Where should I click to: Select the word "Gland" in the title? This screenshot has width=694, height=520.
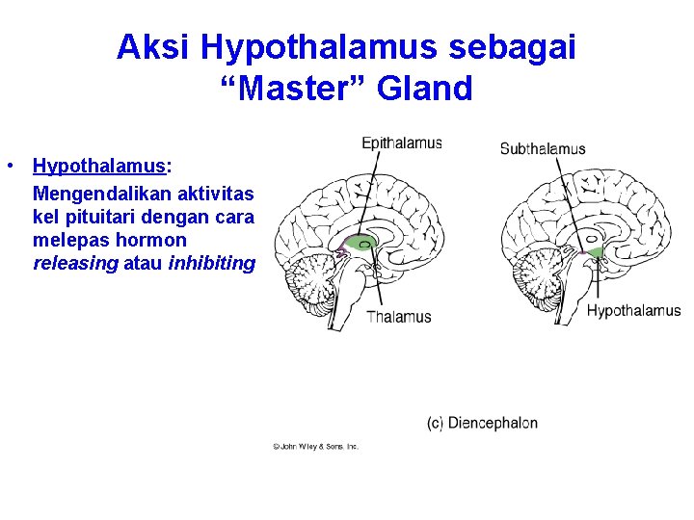(426, 89)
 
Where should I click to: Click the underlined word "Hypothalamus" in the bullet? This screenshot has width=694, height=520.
(99, 167)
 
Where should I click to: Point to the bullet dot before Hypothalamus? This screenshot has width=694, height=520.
(8, 166)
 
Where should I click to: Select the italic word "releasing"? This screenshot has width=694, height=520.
(76, 263)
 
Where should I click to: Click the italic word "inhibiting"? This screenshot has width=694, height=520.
(211, 263)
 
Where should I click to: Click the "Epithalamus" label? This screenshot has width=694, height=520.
(401, 143)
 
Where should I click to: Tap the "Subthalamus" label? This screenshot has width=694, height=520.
(542, 148)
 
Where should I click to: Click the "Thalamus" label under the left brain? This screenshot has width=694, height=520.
(398, 316)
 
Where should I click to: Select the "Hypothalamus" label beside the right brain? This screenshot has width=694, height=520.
(633, 310)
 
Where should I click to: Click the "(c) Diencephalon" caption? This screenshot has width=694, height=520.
(482, 423)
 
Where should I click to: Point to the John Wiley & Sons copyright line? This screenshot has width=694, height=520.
(315, 447)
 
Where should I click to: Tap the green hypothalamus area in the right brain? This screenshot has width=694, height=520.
(595, 252)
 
